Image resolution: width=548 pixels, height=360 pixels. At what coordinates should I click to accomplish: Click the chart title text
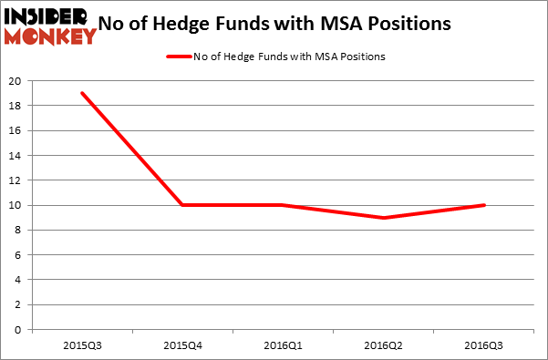283,24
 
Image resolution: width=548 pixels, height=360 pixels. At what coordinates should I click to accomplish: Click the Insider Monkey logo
50,26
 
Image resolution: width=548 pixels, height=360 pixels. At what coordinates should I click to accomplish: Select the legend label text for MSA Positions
289,57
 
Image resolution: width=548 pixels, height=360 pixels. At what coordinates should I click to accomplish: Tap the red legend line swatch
179,57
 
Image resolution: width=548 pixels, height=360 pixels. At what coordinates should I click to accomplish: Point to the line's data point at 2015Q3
82,93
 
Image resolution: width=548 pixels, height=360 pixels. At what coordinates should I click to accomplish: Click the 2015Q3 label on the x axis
82,345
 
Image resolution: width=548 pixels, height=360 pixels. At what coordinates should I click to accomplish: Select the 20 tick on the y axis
16,80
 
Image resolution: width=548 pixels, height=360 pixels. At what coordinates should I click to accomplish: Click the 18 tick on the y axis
16,106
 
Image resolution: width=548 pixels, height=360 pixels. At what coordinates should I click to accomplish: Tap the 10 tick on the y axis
16,205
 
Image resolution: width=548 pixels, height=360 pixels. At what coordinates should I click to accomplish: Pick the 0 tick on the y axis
19,330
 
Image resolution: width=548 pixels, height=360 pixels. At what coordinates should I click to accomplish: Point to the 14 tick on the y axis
16,155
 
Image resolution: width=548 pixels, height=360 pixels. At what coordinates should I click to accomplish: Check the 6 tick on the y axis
19,255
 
